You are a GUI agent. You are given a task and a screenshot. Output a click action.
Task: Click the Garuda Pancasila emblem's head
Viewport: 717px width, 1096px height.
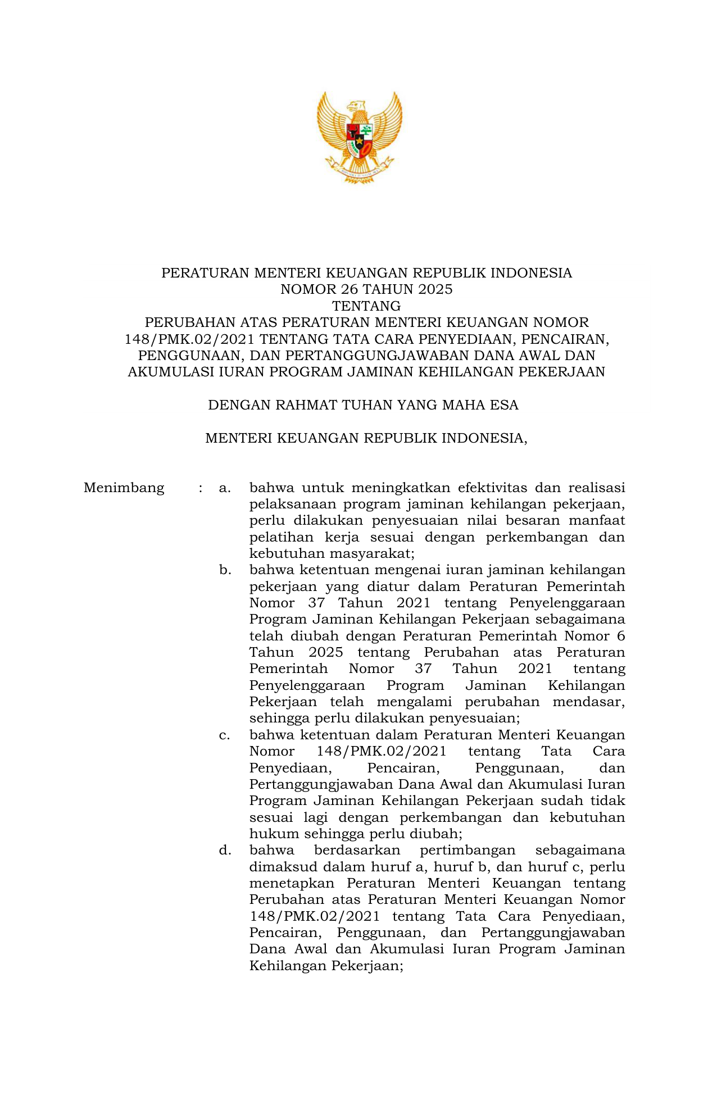[356, 107]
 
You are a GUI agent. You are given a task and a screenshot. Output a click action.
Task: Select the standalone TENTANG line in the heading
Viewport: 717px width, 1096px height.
[366, 306]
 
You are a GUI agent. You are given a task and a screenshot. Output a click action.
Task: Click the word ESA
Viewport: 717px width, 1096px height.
[504, 405]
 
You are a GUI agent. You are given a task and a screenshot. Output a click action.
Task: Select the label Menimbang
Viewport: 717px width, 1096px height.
[124, 488]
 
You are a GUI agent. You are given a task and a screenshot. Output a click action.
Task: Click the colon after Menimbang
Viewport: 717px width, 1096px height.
[200, 488]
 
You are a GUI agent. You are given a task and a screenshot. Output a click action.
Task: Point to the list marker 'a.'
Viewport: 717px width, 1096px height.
[225, 488]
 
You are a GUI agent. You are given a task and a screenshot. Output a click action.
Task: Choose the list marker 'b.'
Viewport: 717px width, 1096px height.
[225, 570]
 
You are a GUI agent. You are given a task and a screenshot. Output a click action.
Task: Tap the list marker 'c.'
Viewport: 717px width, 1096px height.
[225, 735]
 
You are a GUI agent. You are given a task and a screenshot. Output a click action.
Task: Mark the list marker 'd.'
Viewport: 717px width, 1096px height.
[225, 851]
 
